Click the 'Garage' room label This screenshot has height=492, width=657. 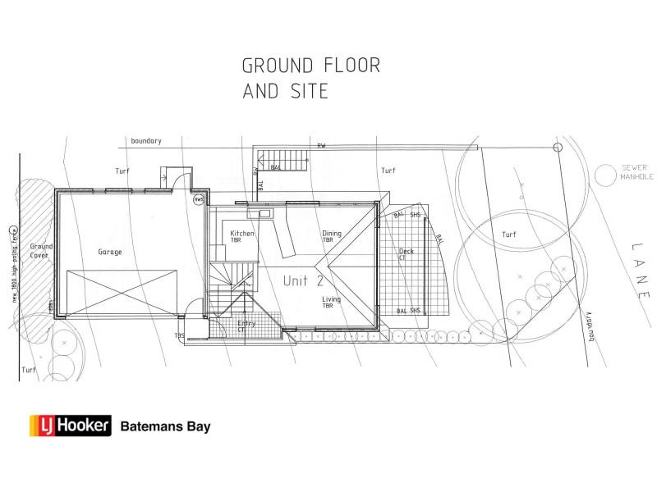(110, 252)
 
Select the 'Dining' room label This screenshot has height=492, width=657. (332, 233)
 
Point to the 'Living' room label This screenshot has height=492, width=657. (331, 300)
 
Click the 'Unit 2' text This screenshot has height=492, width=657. (303, 280)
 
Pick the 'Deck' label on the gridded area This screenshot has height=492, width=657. (406, 252)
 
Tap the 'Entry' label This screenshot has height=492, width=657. (246, 324)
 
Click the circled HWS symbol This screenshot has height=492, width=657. (199, 199)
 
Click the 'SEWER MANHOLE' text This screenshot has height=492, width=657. (635, 172)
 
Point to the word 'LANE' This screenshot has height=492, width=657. (641, 270)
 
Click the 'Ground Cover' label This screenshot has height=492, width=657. (41, 251)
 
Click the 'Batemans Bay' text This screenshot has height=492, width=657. (166, 426)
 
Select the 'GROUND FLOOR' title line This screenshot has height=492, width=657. (310, 65)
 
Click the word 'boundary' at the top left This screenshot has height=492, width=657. (145, 141)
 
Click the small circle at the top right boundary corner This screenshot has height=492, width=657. (558, 148)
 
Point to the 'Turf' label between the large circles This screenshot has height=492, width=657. (509, 235)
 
